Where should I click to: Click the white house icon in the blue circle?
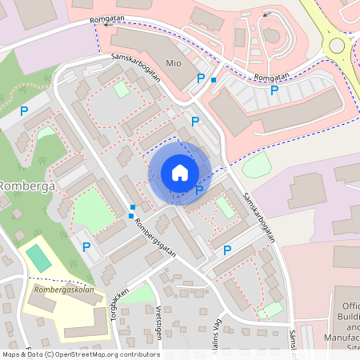179,173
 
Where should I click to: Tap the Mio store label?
174,62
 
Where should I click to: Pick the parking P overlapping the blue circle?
199,190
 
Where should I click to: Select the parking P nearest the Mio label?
201,78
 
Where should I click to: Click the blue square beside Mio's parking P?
214,80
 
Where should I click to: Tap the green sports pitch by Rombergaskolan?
37,257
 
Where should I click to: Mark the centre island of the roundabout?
337,45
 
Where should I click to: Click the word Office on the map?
352,306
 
